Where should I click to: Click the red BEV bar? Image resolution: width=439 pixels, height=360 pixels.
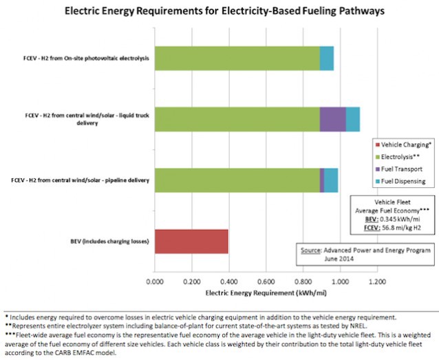click(191, 242)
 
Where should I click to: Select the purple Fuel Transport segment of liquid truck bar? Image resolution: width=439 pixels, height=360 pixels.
click(332, 119)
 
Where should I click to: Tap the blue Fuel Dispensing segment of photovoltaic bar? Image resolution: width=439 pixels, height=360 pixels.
click(327, 58)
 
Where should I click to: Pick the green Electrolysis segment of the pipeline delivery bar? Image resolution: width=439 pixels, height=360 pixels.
click(237, 180)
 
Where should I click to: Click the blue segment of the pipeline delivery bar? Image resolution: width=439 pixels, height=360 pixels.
click(331, 180)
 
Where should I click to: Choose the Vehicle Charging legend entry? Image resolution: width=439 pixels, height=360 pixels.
click(406, 143)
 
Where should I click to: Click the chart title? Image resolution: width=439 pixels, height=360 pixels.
click(220, 12)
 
